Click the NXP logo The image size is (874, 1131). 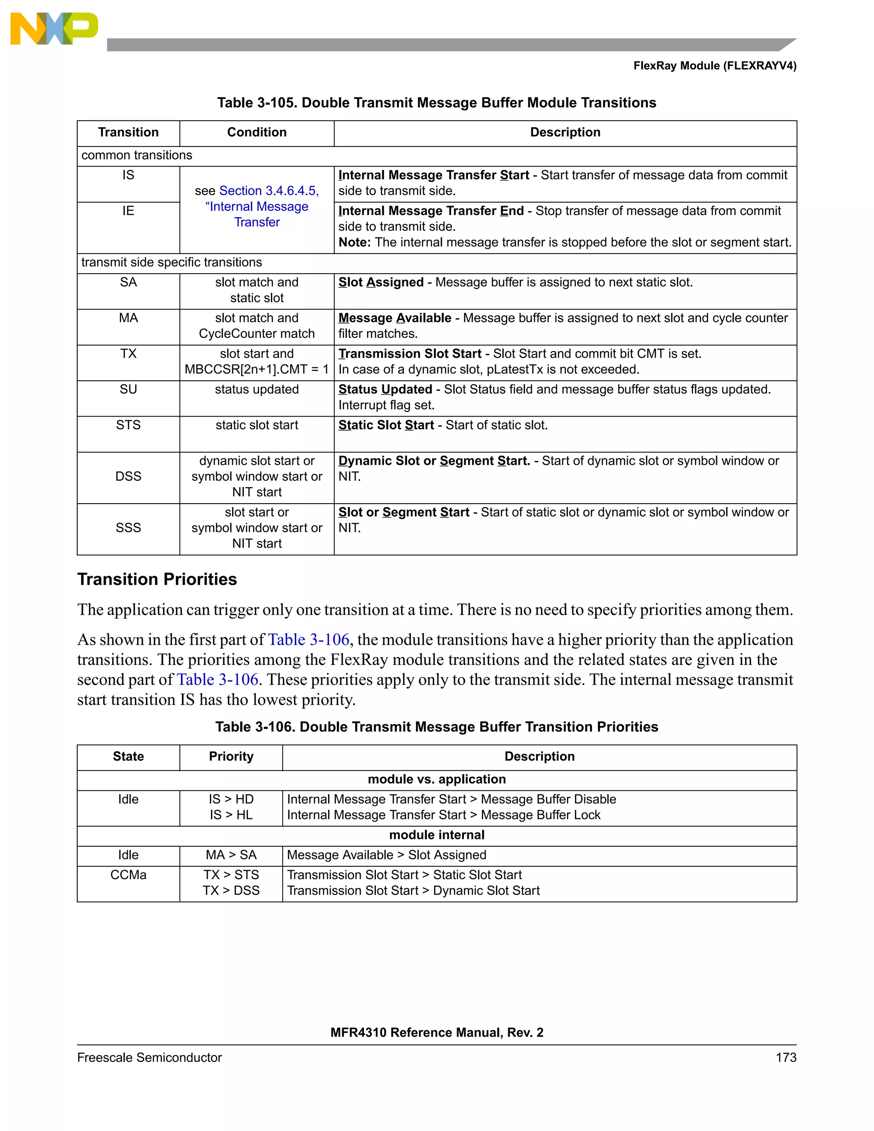pyautogui.click(x=54, y=29)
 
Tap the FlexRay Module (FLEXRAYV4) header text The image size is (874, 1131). pyautogui.click(x=714, y=66)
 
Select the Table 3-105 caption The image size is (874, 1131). pyautogui.click(x=437, y=102)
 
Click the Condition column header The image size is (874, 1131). pyautogui.click(x=257, y=133)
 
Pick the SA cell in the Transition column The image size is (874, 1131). pyautogui.click(x=128, y=282)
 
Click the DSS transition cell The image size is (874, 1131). pyautogui.click(x=128, y=476)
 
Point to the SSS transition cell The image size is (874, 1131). pyautogui.click(x=128, y=528)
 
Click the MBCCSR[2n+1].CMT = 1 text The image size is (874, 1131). pyautogui.click(x=257, y=369)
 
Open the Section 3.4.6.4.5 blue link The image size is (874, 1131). pyautogui.click(x=269, y=191)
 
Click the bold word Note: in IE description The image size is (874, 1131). pyautogui.click(x=355, y=242)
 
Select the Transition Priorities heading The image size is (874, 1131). pyautogui.click(x=157, y=579)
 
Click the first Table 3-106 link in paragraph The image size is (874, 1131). pyautogui.click(x=309, y=640)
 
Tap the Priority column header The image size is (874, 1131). pyautogui.click(x=231, y=757)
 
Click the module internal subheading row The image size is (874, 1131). pyautogui.click(x=437, y=835)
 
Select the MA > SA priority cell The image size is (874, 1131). pyautogui.click(x=231, y=855)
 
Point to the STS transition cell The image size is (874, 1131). pyautogui.click(x=128, y=425)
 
